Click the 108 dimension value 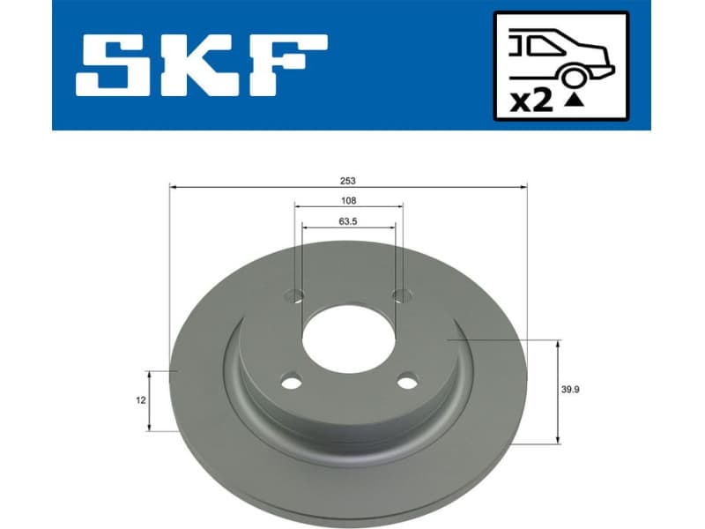click(x=349, y=200)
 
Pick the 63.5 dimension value click(x=349, y=221)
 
